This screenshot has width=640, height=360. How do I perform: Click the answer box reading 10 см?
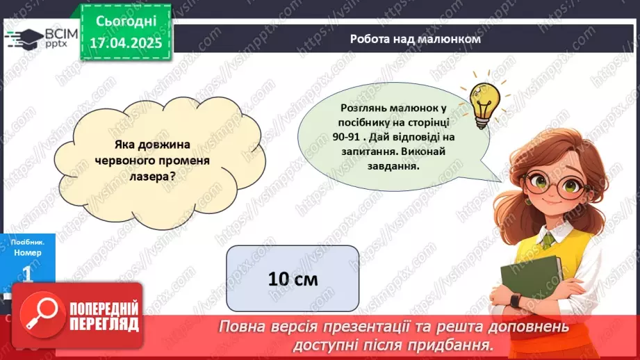pyautogui.click(x=293, y=279)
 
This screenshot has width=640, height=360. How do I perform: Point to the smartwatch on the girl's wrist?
pyautogui.click(x=516, y=300)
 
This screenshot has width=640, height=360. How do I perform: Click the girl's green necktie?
pyautogui.click(x=549, y=240)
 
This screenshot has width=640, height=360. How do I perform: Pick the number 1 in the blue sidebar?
pyautogui.click(x=28, y=275)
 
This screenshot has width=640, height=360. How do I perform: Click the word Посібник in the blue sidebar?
pyautogui.click(x=28, y=241)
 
